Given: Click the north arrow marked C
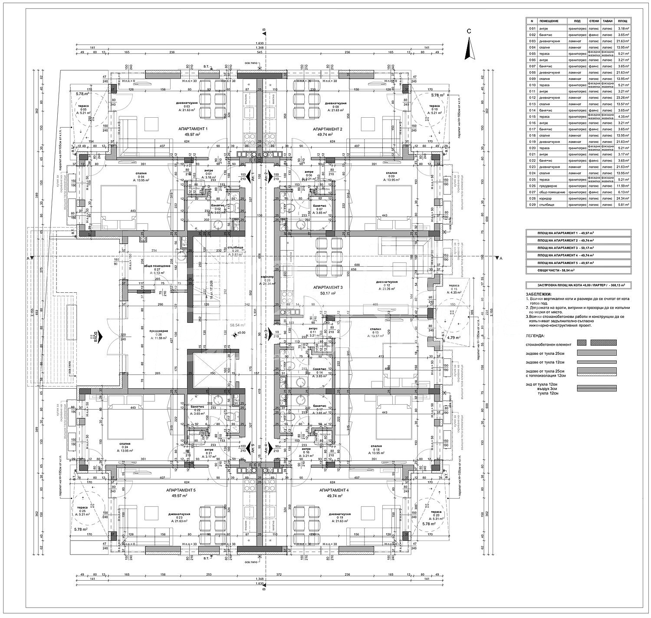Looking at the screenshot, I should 468,48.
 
